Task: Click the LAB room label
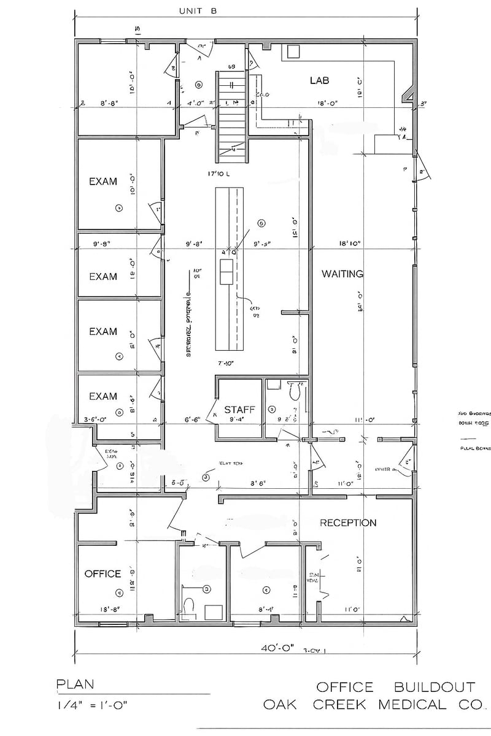tap(319, 80)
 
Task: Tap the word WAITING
tap(342, 274)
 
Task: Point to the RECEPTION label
tap(348, 523)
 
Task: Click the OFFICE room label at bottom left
tap(102, 573)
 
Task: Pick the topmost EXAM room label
tap(103, 182)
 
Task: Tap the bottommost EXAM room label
tap(103, 396)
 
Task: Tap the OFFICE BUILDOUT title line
tap(395, 686)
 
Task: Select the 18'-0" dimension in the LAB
tap(327, 104)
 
